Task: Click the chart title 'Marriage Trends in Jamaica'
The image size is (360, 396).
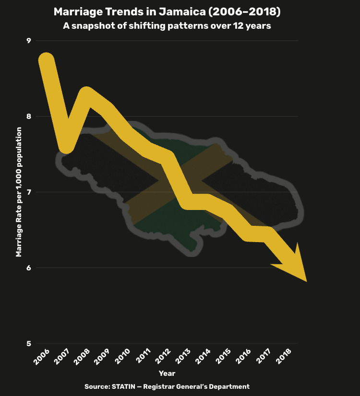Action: pyautogui.click(x=167, y=12)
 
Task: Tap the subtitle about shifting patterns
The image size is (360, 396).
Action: pyautogui.click(x=167, y=26)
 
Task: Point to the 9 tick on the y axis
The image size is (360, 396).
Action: pyautogui.click(x=28, y=41)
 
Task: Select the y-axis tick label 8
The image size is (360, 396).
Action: pyautogui.click(x=28, y=116)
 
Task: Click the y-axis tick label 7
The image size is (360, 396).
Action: pyautogui.click(x=28, y=192)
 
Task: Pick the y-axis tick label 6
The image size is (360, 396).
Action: pyautogui.click(x=28, y=268)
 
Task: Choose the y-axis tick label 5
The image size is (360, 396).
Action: pyautogui.click(x=28, y=344)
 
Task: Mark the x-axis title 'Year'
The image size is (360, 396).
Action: pyautogui.click(x=167, y=373)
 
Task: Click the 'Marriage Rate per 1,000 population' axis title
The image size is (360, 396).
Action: pyautogui.click(x=19, y=192)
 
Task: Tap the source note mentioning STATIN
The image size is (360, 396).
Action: pyautogui.click(x=167, y=386)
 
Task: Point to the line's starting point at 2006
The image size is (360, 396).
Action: pyautogui.click(x=46, y=60)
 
